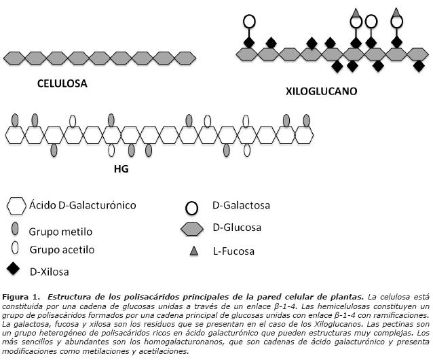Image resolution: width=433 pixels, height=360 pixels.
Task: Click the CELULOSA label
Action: (x=62, y=84)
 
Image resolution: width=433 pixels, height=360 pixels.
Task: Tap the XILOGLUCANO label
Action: (x=322, y=91)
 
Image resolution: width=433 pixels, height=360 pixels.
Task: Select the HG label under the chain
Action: (x=121, y=168)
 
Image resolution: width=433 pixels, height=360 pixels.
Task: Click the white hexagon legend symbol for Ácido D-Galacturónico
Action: (x=16, y=206)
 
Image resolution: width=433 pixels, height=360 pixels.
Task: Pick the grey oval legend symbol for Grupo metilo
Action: (x=15, y=229)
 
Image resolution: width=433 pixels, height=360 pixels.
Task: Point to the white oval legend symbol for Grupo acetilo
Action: (x=15, y=247)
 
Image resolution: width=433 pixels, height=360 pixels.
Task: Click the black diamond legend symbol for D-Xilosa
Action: (x=13, y=269)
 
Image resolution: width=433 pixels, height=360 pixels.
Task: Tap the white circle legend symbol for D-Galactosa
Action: (x=191, y=208)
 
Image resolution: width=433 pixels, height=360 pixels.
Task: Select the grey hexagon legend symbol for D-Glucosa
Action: (x=192, y=228)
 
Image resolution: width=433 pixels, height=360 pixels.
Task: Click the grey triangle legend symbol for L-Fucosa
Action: (x=194, y=251)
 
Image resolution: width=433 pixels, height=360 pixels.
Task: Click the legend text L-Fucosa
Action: (x=233, y=251)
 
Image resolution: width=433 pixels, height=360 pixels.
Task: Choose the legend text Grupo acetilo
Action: (x=62, y=250)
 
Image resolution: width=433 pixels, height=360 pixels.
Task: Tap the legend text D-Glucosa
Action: (x=237, y=228)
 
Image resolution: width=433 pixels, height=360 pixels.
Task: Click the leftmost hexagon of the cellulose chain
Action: (x=14, y=58)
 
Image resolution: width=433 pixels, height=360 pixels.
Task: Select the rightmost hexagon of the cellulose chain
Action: (x=185, y=58)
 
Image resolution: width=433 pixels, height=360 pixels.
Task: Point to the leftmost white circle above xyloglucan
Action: (x=249, y=21)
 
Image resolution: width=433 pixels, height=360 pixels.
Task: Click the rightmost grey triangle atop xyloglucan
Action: (x=396, y=12)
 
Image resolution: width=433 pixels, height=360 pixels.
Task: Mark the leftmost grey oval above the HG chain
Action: (x=15, y=120)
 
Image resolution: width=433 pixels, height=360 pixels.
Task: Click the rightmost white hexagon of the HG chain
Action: (x=304, y=135)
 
